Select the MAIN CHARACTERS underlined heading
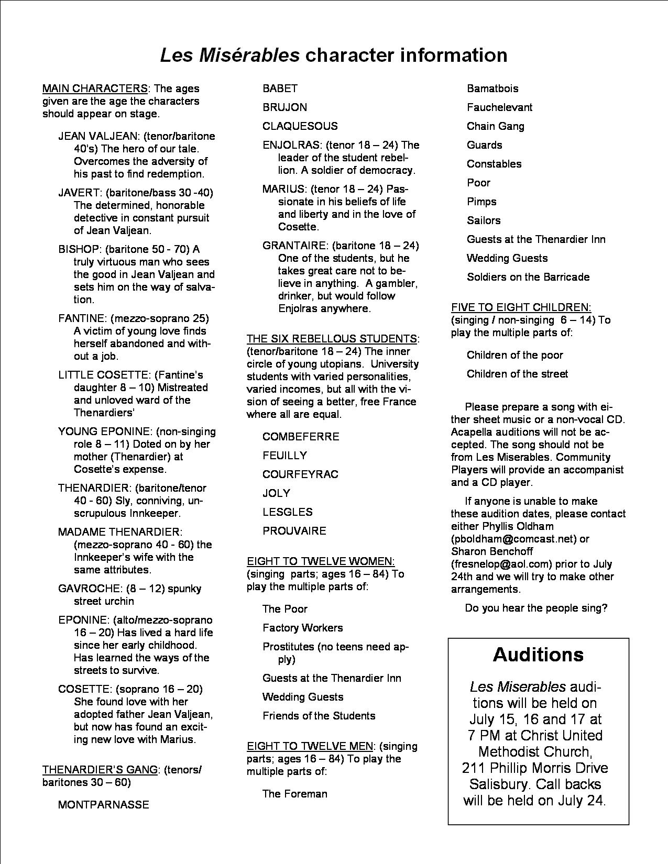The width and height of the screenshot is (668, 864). coord(95,88)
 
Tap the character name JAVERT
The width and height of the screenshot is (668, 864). coord(79,193)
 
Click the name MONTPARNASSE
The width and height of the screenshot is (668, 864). coord(104,805)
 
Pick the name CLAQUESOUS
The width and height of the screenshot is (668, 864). coord(300,126)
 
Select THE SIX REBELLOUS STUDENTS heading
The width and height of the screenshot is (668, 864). coord(332,339)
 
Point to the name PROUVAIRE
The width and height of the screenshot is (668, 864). coord(294,531)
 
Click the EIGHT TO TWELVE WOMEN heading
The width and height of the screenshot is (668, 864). coord(321,561)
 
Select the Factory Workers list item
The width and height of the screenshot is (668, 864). coord(302,628)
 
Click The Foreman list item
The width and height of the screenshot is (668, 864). coord(294,794)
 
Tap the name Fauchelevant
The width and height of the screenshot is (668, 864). coord(499,107)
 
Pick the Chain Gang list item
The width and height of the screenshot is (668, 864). coord(495,126)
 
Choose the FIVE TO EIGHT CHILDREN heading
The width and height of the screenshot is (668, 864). coord(521,307)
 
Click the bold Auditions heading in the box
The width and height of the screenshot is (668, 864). coord(538,655)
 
